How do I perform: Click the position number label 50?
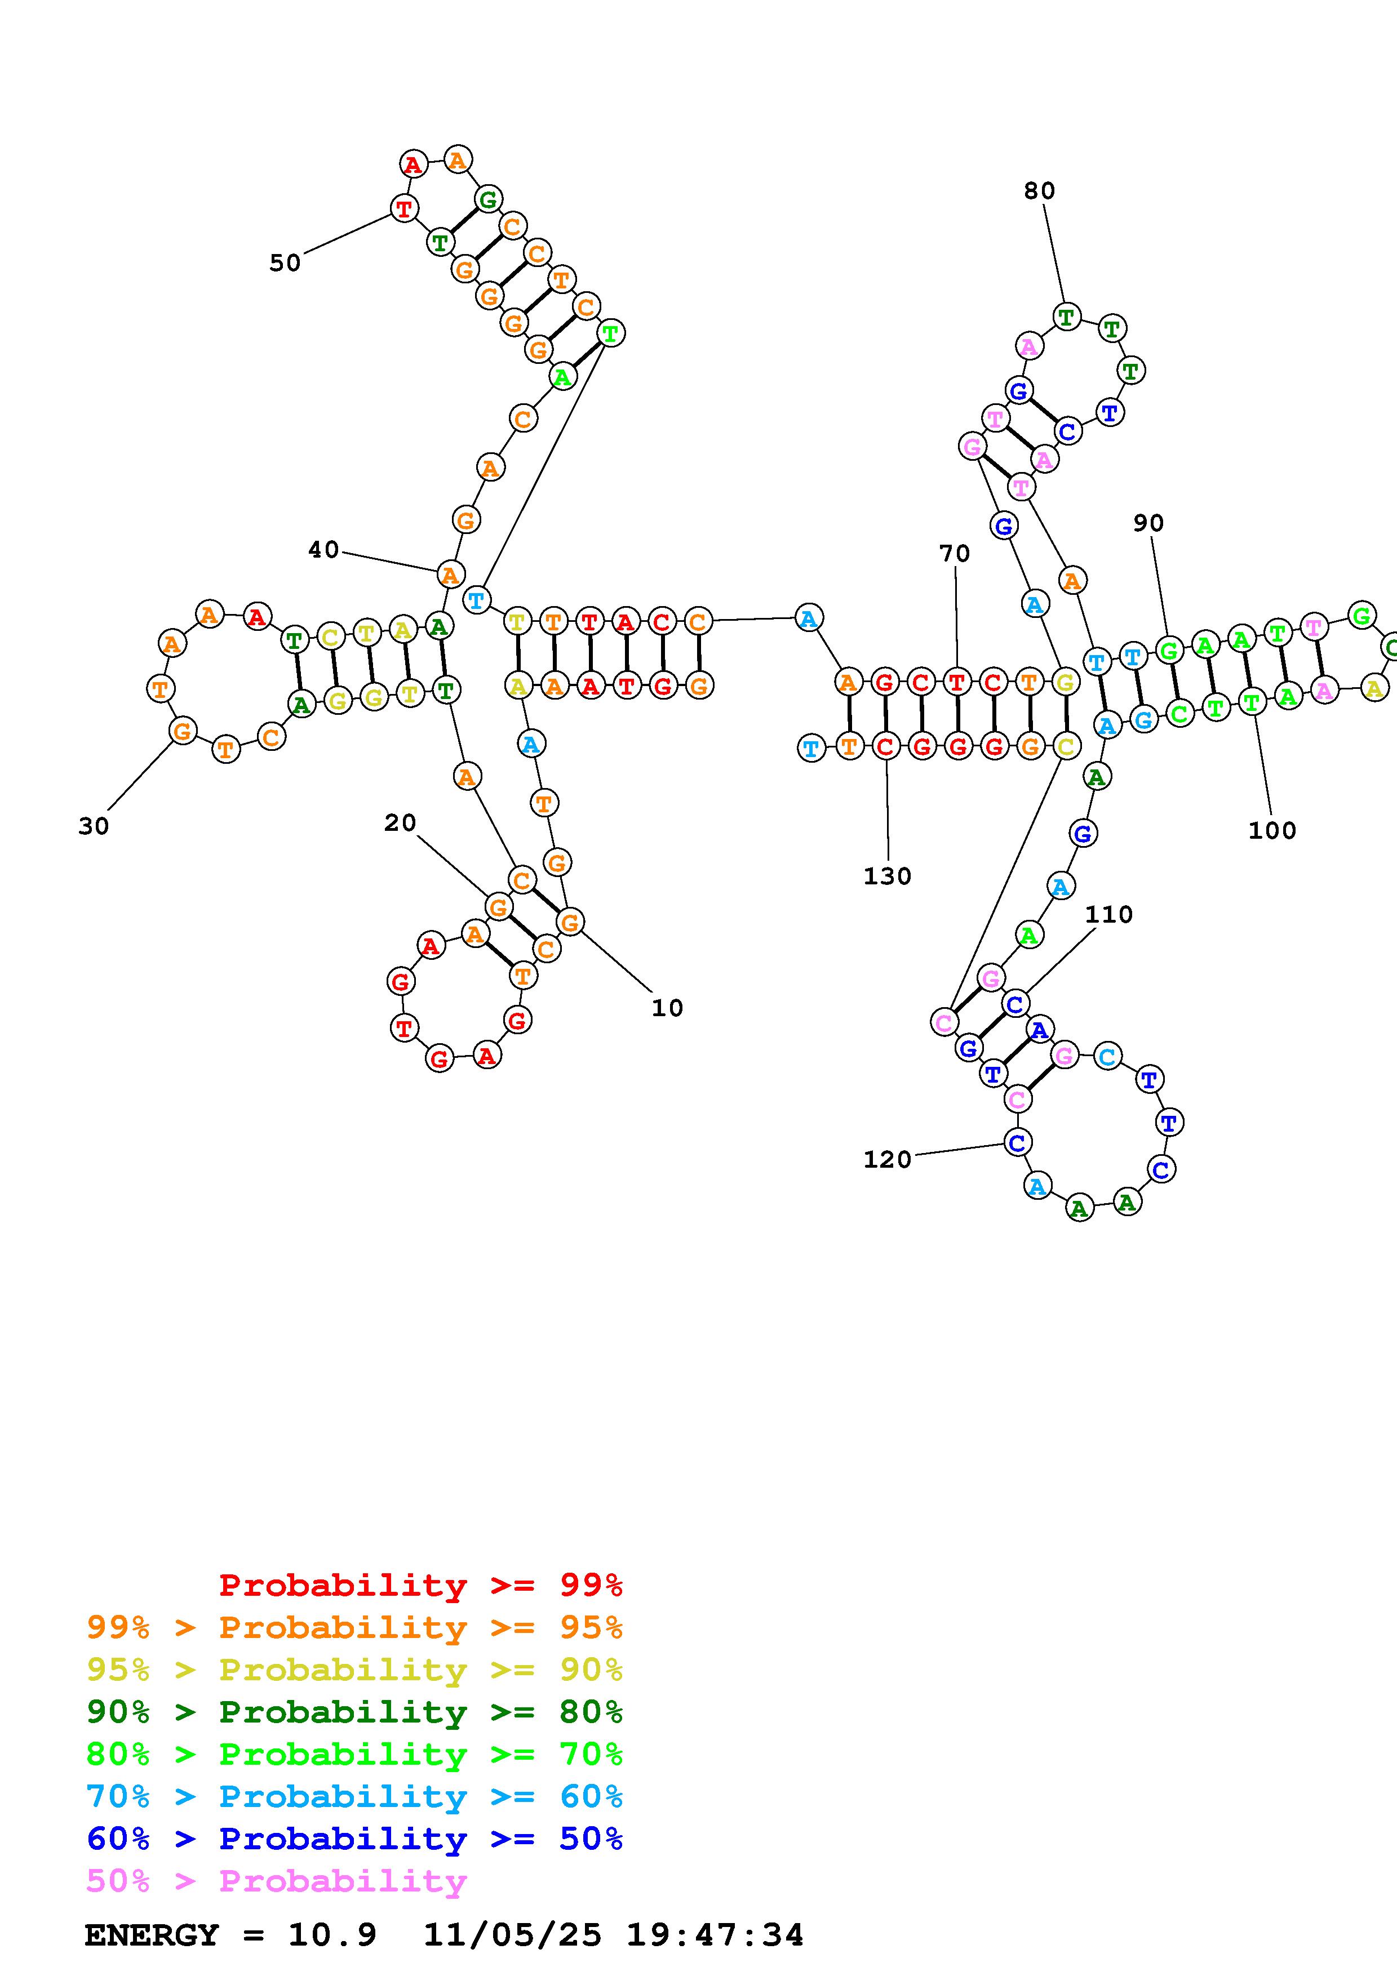pyautogui.click(x=285, y=262)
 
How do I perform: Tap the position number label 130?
pyautogui.click(x=888, y=876)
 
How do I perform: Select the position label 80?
pyautogui.click(x=1039, y=190)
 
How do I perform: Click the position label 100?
pyautogui.click(x=1272, y=830)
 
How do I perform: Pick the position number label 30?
pyautogui.click(x=94, y=826)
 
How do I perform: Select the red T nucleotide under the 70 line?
pyautogui.click(x=956, y=683)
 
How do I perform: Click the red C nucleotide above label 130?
pyautogui.click(x=886, y=746)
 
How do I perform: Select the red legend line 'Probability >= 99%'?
pyautogui.click(x=421, y=1585)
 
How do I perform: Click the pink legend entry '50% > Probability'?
pyautogui.click(x=276, y=1881)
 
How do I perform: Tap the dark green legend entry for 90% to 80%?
pyautogui.click(x=354, y=1712)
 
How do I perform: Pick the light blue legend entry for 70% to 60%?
pyautogui.click(x=354, y=1796)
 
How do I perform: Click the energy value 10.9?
pyautogui.click(x=332, y=1935)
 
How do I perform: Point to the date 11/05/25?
pyautogui.click(x=513, y=1935)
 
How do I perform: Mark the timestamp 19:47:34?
pyautogui.click(x=715, y=1935)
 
